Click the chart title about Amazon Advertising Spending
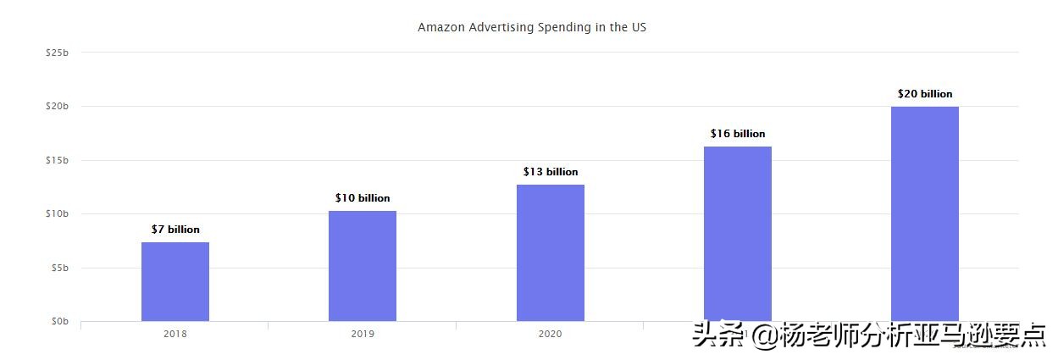532,27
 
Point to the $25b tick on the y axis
57,53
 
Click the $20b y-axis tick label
57,106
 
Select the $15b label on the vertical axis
57,160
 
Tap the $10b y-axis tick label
57,213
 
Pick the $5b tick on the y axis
59,268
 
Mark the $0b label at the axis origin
59,321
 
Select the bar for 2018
175,281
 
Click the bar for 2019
363,266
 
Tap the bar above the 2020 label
551,252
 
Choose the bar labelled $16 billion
738,234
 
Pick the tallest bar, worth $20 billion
925,213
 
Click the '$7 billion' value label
175,230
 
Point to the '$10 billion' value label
363,198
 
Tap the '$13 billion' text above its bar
551,172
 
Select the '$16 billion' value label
738,134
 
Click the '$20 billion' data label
925,94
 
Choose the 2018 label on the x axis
175,334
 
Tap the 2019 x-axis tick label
363,334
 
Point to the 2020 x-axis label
550,334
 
